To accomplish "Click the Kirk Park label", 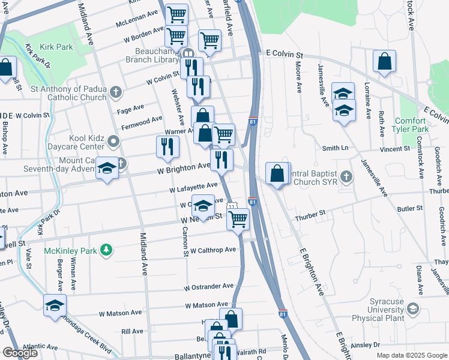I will click(x=56, y=47).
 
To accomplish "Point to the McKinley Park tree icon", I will click(x=106, y=249).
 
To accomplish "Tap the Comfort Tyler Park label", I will click(x=410, y=125).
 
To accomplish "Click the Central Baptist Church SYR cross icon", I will click(x=345, y=177).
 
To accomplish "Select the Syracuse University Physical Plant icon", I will click(x=412, y=308).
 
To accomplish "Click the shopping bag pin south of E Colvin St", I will click(x=384, y=62).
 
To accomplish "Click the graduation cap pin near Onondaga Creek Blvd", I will click(x=55, y=305).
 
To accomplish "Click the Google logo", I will click(x=20, y=353).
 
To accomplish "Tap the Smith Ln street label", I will click(x=335, y=148).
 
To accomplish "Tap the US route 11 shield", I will click(x=231, y=207).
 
